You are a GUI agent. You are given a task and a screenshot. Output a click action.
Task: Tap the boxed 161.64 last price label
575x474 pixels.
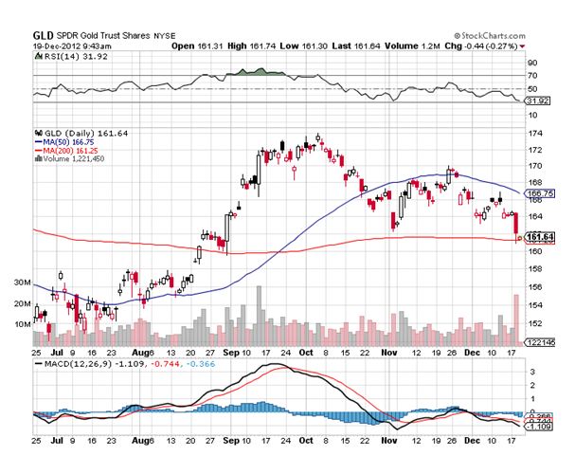pyautogui.click(x=540, y=235)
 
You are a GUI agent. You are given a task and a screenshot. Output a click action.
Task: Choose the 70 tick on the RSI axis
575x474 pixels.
pyautogui.click(x=532, y=75)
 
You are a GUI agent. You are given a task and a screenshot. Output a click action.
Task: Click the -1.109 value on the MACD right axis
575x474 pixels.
pyautogui.click(x=539, y=427)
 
